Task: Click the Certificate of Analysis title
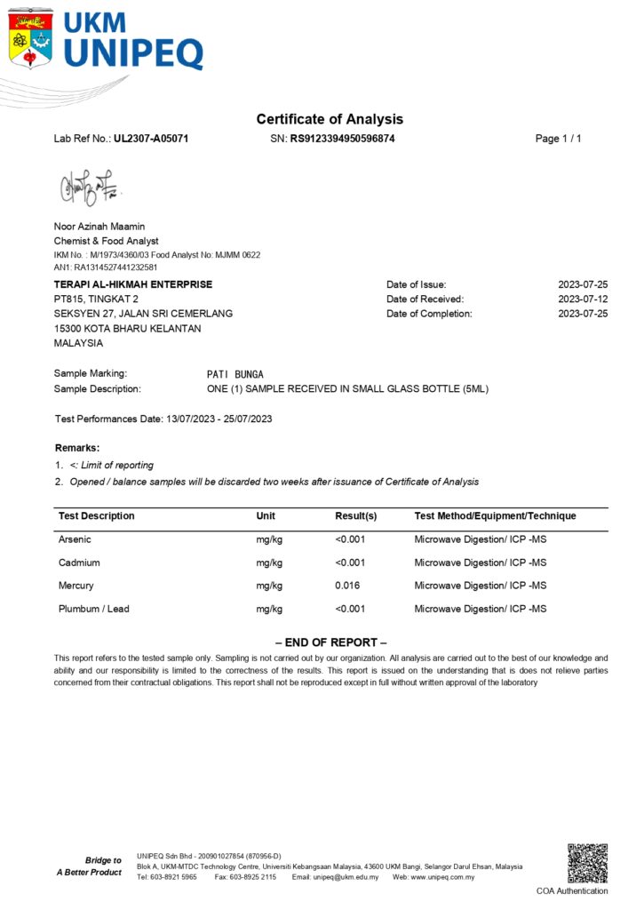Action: tap(330, 119)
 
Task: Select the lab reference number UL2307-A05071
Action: tap(151, 139)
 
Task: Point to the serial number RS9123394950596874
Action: tap(342, 139)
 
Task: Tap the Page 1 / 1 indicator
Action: tap(558, 139)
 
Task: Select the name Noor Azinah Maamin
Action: tap(99, 227)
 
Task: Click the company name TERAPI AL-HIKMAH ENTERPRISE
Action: tap(133, 284)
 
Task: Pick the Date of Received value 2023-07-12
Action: tap(583, 299)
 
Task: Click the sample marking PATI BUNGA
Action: tap(235, 374)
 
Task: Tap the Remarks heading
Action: tap(77, 448)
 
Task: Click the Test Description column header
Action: tap(97, 516)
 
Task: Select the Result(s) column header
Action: tap(355, 516)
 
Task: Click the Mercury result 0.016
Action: tap(348, 586)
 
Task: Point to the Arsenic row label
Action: tap(75, 539)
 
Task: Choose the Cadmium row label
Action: tap(79, 563)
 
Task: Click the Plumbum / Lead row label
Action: tap(93, 609)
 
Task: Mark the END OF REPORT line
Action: tap(330, 643)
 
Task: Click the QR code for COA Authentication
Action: tap(587, 863)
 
